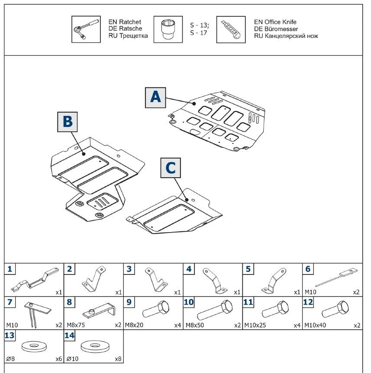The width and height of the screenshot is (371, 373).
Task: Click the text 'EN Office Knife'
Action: tap(275, 22)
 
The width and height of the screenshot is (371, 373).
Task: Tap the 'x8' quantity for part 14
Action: tap(118, 359)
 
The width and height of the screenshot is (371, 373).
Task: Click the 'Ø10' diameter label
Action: tap(71, 359)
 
